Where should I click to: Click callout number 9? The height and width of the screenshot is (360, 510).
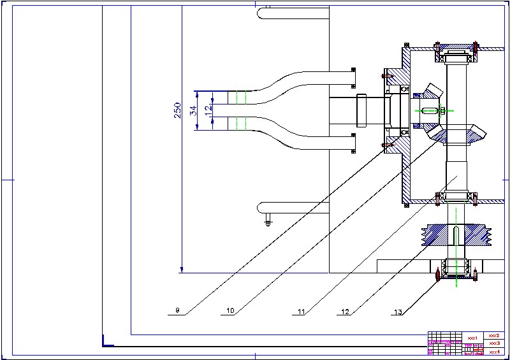(178, 311)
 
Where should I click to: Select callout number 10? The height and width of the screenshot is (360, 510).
(231, 311)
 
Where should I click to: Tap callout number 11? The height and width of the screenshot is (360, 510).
(302, 312)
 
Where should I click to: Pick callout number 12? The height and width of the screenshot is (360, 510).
(345, 312)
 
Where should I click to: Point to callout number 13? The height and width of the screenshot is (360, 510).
(398, 312)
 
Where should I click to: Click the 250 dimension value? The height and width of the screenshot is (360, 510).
(177, 110)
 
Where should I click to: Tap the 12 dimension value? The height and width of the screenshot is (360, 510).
(208, 110)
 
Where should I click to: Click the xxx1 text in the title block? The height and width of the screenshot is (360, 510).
(472, 337)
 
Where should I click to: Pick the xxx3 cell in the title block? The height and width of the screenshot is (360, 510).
(493, 343)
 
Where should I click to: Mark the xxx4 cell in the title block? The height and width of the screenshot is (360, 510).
(493, 351)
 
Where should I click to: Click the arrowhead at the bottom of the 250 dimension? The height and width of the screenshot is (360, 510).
(181, 270)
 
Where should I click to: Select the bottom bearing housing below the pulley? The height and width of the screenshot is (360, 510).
(457, 269)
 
